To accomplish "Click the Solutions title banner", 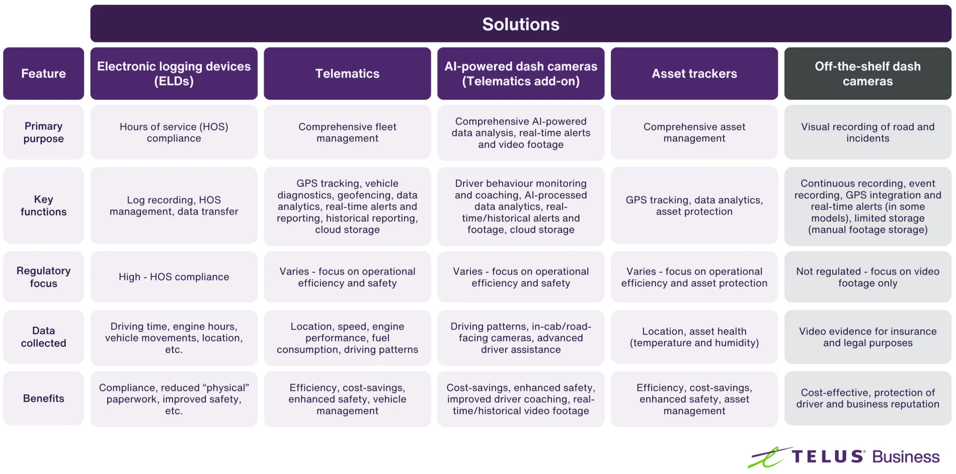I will [x=520, y=24].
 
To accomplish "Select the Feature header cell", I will [x=43, y=73].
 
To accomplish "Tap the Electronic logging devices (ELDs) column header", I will [x=174, y=73].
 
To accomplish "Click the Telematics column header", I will [x=347, y=73].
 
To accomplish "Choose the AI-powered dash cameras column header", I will [x=520, y=73].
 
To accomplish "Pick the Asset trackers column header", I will [x=694, y=73].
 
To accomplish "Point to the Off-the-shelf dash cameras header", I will [x=867, y=73].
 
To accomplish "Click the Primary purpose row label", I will [x=43, y=132].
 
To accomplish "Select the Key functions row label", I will [x=43, y=205].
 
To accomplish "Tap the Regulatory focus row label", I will [x=43, y=277].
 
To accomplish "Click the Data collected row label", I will [x=43, y=337].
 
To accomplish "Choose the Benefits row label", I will [x=43, y=399].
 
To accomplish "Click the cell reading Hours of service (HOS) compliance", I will [x=174, y=132].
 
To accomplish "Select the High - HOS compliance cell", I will [x=174, y=277].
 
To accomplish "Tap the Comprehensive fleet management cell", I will [x=347, y=132].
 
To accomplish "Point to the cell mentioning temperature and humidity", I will [x=694, y=337].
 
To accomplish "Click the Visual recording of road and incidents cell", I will [x=867, y=132].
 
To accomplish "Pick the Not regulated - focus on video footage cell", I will [x=867, y=277].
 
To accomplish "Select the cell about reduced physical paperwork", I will [x=174, y=399].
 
